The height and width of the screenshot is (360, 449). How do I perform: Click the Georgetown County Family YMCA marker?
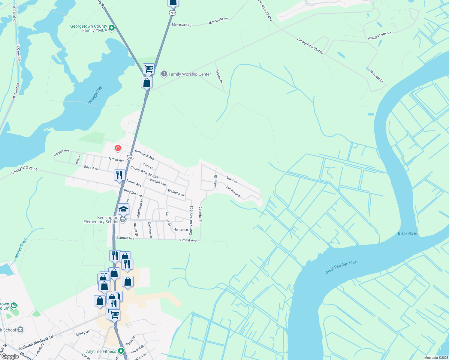click(112, 28)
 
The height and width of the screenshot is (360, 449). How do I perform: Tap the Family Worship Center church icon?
click(164, 74)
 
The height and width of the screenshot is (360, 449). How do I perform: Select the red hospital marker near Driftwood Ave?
click(118, 148)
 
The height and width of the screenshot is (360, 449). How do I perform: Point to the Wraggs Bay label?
click(95, 95)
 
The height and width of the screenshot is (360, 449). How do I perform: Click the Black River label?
click(407, 233)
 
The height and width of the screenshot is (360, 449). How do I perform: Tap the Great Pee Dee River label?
click(342, 267)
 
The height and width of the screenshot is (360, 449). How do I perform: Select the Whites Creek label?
click(21, 248)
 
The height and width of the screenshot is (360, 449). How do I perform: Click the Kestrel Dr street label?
click(219, 76)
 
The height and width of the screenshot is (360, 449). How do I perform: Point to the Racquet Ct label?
click(377, 76)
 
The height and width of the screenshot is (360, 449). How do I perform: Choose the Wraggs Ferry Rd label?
click(379, 36)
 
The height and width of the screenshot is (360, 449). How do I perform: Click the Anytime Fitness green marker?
click(121, 350)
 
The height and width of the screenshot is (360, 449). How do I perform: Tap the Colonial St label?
click(200, 214)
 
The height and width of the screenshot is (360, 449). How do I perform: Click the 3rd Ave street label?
click(231, 180)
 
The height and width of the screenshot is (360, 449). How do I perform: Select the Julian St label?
click(215, 181)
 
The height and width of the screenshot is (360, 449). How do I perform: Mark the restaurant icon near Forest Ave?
click(119, 175)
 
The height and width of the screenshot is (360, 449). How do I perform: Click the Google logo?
click(10, 356)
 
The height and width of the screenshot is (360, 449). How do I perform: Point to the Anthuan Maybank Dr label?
click(36, 343)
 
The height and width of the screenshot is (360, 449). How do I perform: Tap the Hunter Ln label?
click(181, 229)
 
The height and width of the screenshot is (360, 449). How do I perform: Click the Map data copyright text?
click(436, 358)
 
